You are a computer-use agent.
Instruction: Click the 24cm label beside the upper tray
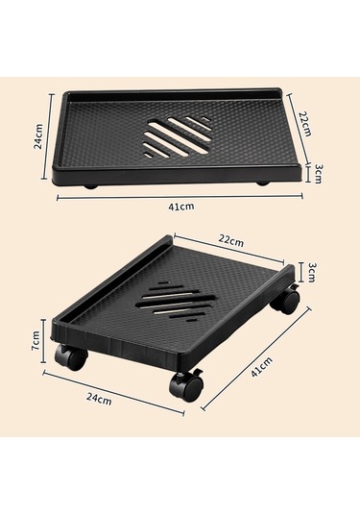(x=38, y=136)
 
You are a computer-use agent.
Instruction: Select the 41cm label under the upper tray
(x=181, y=207)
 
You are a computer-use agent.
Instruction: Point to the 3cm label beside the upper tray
(x=319, y=174)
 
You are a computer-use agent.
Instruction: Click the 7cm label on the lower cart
(x=36, y=341)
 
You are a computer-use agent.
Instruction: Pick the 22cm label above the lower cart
(x=231, y=240)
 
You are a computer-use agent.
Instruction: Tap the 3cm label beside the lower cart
(x=310, y=272)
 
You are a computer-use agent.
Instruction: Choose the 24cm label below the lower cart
(x=99, y=399)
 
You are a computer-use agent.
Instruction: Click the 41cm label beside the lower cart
(x=261, y=367)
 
